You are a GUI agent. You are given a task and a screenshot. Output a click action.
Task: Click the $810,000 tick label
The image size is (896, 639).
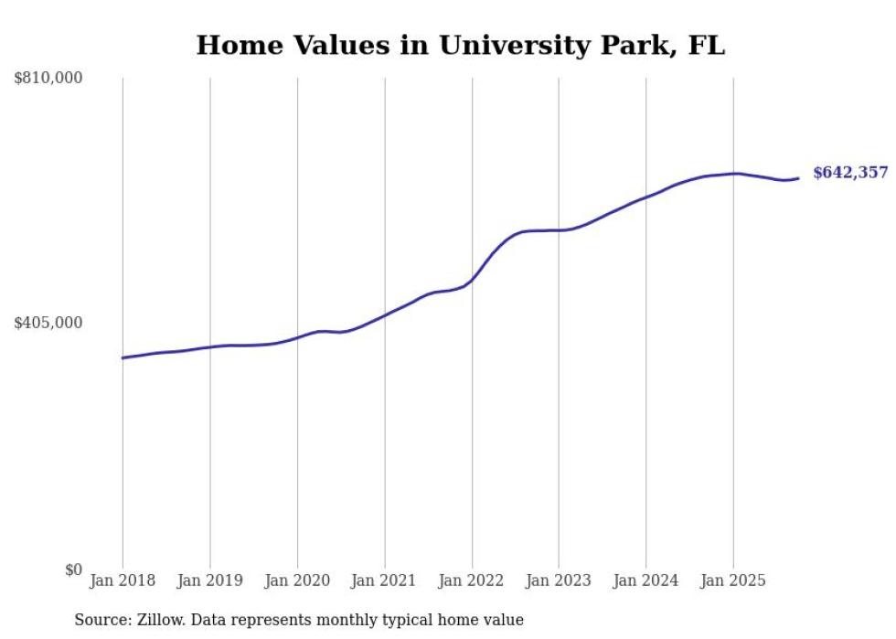[x=48, y=79]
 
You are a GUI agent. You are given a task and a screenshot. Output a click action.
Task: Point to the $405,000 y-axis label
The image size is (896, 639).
[x=48, y=323]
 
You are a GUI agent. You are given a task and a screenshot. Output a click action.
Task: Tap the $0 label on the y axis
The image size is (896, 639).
[x=73, y=570]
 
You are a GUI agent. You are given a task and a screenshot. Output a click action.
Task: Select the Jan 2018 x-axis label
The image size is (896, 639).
[x=123, y=580]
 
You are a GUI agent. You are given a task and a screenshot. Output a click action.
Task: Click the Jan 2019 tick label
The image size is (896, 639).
[x=210, y=580]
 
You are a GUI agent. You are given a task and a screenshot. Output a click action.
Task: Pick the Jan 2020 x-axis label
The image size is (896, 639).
[x=297, y=580]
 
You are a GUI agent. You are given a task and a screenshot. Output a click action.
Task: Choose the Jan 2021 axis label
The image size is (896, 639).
[x=385, y=580]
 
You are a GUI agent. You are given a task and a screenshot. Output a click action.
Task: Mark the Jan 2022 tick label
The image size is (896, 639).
[x=472, y=580]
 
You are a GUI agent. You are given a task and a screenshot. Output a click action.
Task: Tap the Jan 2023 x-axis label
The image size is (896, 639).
[x=559, y=580]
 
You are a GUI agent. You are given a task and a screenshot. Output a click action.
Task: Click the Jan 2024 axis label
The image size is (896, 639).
[x=646, y=580]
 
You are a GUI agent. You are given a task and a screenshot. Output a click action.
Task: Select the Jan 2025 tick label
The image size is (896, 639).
[x=733, y=580]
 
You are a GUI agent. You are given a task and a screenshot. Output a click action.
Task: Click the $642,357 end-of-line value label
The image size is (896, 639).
[x=850, y=173]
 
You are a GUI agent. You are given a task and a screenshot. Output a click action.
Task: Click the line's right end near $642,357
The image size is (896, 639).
[x=799, y=178]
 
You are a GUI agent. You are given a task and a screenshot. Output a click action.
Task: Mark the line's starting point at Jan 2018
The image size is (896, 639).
[x=123, y=357]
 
